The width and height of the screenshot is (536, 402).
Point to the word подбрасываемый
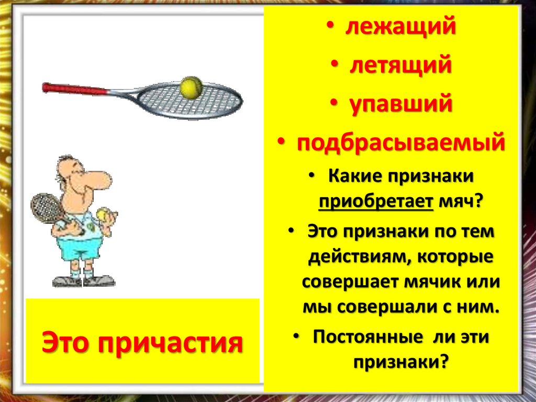[401, 143]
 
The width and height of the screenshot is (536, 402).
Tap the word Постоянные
[366, 337]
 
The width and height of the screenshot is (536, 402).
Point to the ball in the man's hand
[103, 214]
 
